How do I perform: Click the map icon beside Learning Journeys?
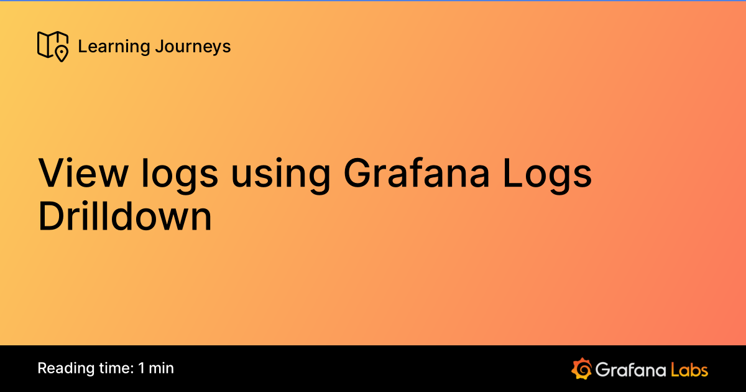coord(52,46)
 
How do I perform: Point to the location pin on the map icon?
coord(61,53)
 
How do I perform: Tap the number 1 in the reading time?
coord(142,368)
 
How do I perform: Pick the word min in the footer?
coord(162,368)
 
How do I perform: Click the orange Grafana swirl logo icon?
coord(581,368)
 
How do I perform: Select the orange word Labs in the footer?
coord(688,369)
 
